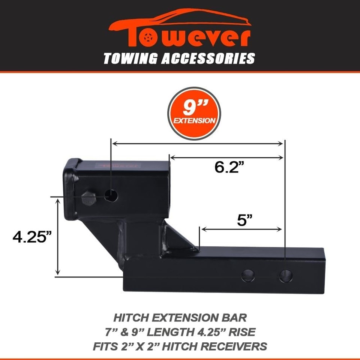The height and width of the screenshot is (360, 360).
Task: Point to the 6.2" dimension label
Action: point(227,166)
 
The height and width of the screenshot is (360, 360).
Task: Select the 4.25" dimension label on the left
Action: point(32,237)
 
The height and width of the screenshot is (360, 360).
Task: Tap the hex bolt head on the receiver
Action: point(88,198)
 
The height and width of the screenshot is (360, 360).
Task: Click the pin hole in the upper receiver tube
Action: point(111,195)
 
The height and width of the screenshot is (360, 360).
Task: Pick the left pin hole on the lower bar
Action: point(248,276)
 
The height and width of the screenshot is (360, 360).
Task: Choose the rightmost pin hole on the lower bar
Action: point(285,276)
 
